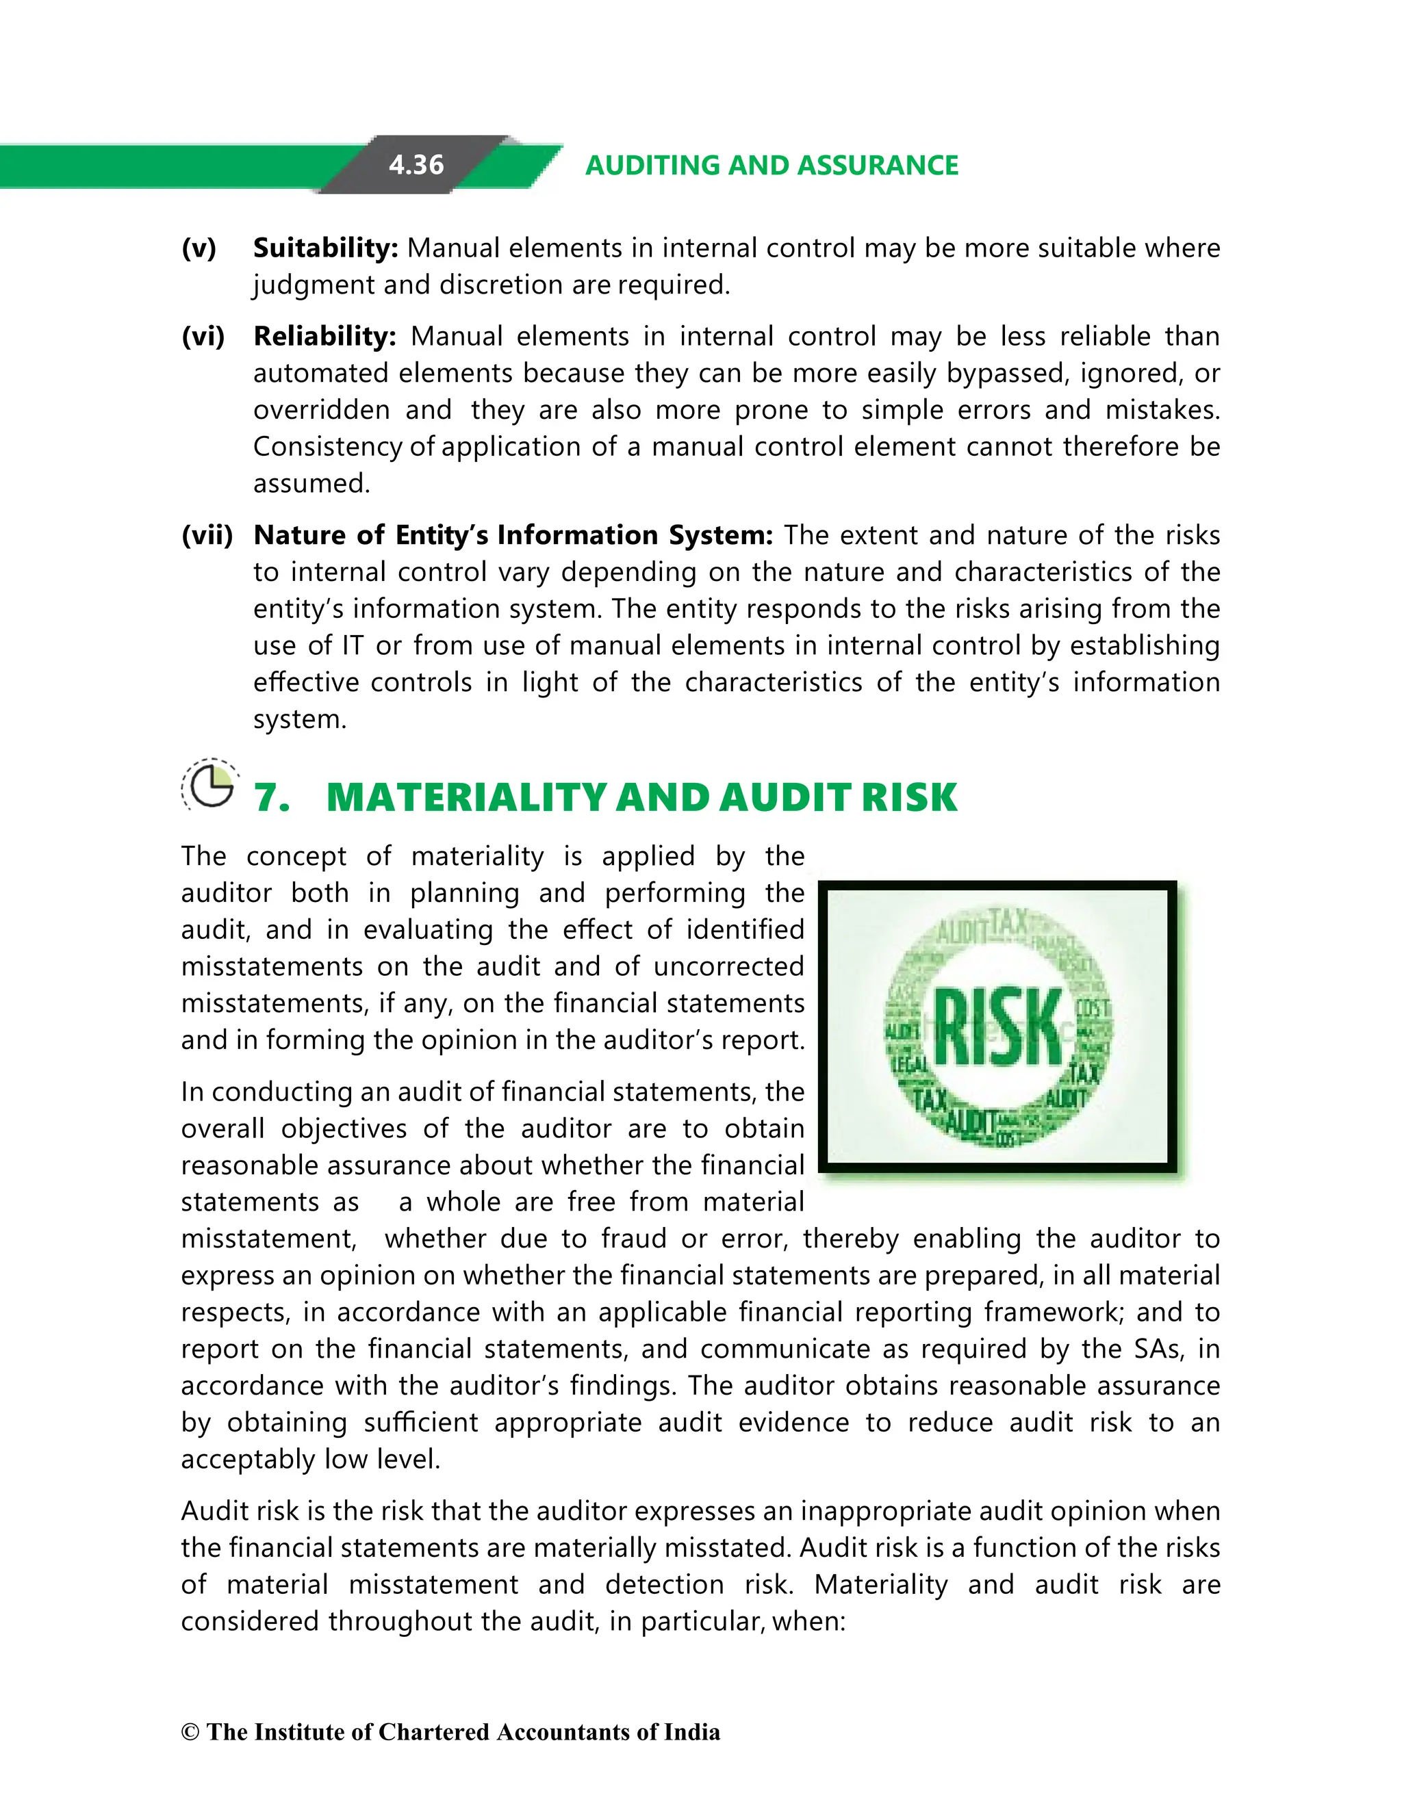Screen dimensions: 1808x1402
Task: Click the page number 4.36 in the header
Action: pyautogui.click(x=416, y=165)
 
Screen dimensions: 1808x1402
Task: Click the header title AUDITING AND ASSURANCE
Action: pyautogui.click(x=771, y=165)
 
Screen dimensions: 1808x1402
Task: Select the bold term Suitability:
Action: pyautogui.click(x=325, y=248)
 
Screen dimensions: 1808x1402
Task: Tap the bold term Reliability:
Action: pyautogui.click(x=324, y=336)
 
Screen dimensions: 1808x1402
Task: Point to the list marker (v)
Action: pyautogui.click(x=199, y=248)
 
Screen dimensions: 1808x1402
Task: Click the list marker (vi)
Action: pyautogui.click(x=203, y=336)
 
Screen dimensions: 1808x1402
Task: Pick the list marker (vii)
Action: pyautogui.click(x=207, y=534)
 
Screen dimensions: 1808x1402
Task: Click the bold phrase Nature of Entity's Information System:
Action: pyautogui.click(x=513, y=534)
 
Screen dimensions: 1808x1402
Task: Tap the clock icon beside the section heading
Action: pyautogui.click(x=210, y=785)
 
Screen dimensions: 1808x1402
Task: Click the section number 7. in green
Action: pyautogui.click(x=272, y=798)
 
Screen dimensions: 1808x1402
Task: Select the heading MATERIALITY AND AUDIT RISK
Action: pyautogui.click(x=642, y=798)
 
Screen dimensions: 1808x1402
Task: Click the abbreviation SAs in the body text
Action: pyautogui.click(x=1157, y=1349)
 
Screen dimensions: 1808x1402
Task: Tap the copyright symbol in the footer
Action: pyautogui.click(x=190, y=1733)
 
